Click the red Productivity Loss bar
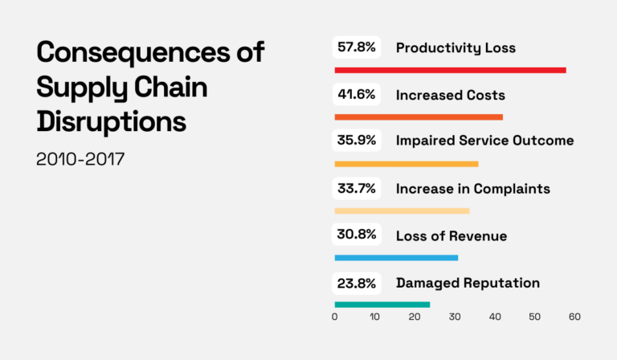(450, 70)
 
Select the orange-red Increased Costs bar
(418, 117)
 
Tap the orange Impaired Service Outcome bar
(406, 164)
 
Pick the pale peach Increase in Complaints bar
(402, 211)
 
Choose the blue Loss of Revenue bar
(396, 257)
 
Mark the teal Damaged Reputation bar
(382, 305)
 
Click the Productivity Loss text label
(456, 48)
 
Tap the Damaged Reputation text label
(468, 283)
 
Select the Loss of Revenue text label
(451, 236)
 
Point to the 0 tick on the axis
(334, 317)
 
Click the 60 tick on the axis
(574, 317)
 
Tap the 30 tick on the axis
(455, 317)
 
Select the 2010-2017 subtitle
(80, 158)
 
